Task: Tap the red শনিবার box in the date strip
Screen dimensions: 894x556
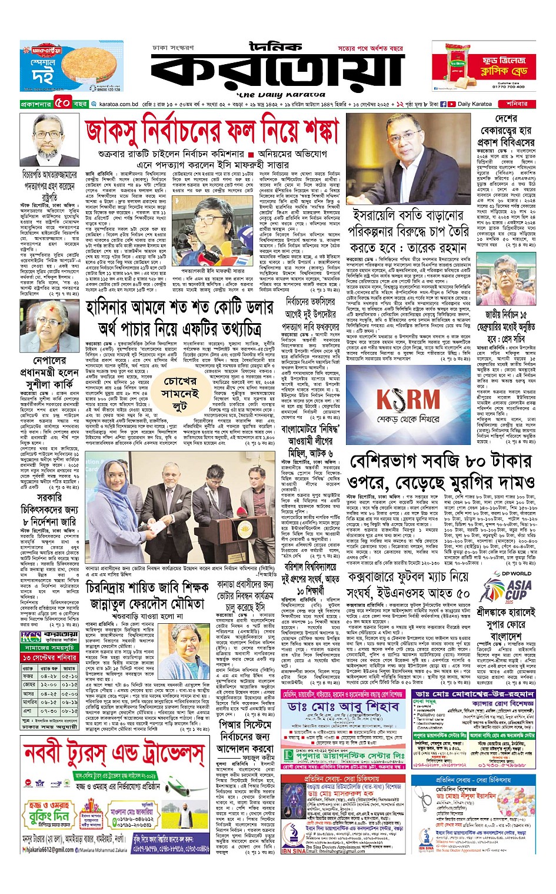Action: [x=516, y=104]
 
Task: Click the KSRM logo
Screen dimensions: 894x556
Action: [x=408, y=400]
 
